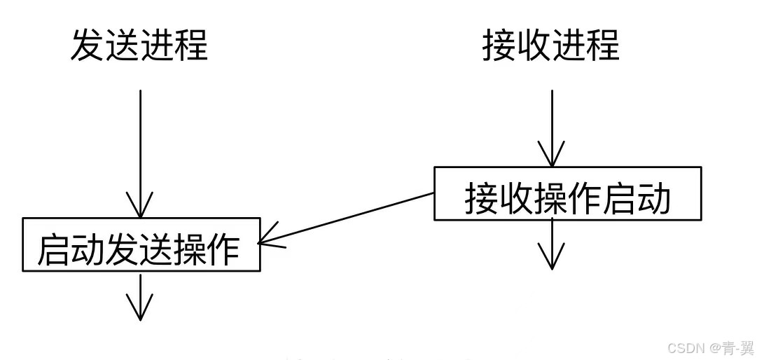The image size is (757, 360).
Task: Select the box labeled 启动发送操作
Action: pyautogui.click(x=141, y=245)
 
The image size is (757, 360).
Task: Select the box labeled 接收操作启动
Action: pyautogui.click(x=567, y=193)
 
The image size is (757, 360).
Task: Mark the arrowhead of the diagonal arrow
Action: pyautogui.click(x=267, y=242)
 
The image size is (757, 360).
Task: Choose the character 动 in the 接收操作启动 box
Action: pyautogui.click(x=653, y=199)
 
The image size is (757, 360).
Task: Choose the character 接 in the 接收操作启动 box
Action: pyautogui.click(x=482, y=199)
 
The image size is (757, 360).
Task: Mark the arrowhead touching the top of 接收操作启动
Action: pyautogui.click(x=552, y=158)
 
